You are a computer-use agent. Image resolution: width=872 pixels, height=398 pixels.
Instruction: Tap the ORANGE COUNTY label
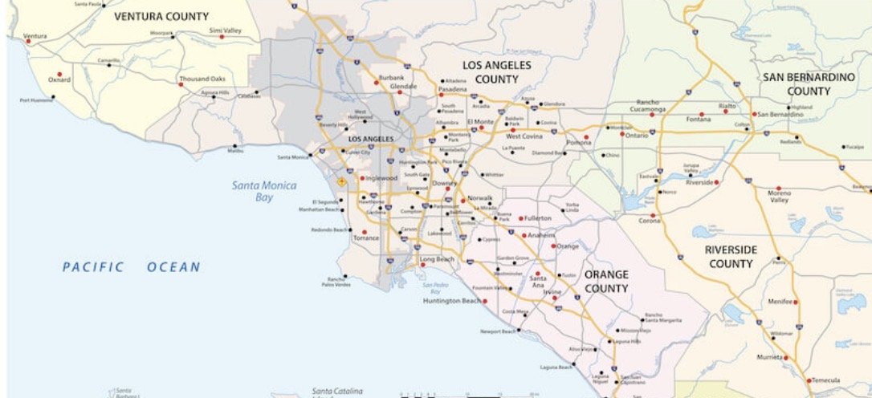[x=606, y=281]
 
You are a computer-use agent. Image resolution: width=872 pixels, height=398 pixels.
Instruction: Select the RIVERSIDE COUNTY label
[x=731, y=257]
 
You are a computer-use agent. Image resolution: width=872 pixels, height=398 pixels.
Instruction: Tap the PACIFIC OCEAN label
[x=132, y=267]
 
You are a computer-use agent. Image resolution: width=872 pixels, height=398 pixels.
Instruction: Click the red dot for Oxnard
[x=50, y=71]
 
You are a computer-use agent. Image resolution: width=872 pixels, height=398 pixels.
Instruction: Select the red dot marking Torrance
[x=365, y=232]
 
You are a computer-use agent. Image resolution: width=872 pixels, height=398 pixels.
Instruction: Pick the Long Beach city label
[x=437, y=260]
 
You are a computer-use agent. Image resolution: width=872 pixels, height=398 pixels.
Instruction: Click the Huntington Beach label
[x=453, y=301]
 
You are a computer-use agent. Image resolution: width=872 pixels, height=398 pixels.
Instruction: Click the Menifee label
[x=780, y=303]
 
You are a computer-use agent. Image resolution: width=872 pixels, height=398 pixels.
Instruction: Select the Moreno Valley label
[x=780, y=197]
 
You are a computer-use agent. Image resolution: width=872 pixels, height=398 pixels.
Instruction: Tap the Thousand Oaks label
[x=202, y=79]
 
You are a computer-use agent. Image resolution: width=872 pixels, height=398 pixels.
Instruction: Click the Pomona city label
[x=578, y=143]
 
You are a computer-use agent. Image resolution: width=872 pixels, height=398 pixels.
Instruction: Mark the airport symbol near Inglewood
[x=341, y=182]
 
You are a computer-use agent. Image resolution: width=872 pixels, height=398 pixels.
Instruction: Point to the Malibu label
[x=235, y=150]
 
